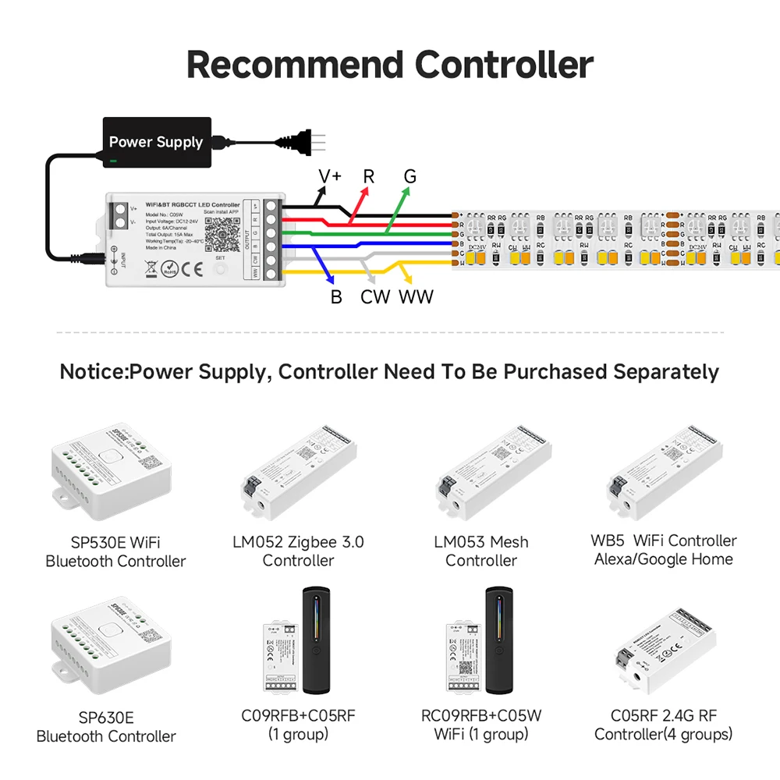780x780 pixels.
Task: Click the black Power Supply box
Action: (158, 141)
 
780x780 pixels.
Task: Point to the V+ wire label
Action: (330, 176)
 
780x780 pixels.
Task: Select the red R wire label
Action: (369, 176)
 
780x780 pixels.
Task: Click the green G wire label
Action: (409, 176)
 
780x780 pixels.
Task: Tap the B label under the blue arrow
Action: (336, 297)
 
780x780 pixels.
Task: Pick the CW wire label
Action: (375, 297)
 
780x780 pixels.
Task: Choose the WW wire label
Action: (416, 297)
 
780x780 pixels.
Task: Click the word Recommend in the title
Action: (294, 65)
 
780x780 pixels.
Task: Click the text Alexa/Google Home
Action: (664, 559)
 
